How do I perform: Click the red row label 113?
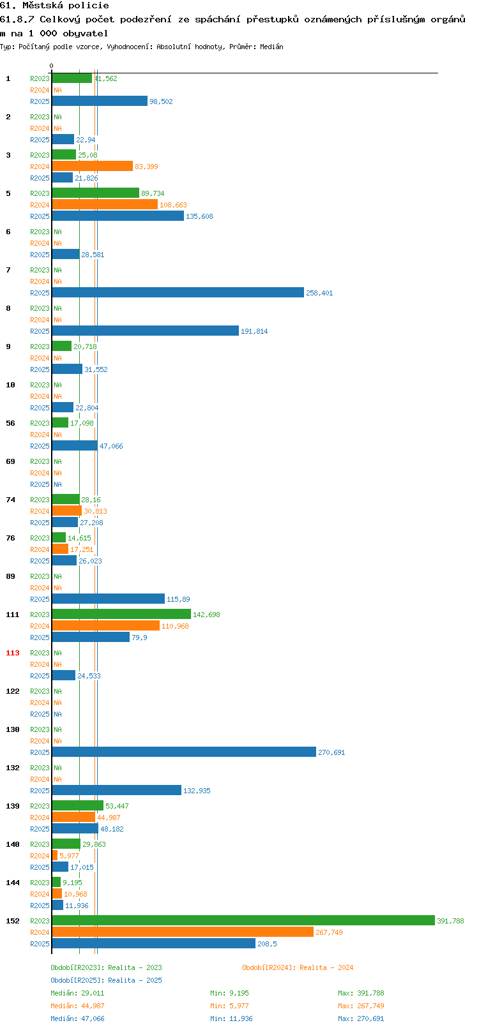tap(12, 653)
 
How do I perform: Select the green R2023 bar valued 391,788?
tap(243, 920)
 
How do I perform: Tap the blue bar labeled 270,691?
tap(184, 752)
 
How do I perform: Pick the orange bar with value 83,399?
tap(93, 166)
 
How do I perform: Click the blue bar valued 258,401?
tap(178, 292)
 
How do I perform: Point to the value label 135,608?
tap(199, 216)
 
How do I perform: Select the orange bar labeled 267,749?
tap(183, 932)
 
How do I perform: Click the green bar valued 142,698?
tap(121, 614)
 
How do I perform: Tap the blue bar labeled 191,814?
tap(146, 331)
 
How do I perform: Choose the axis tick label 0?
tap(51, 66)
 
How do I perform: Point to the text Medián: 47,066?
tap(77, 1019)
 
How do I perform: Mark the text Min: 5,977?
tap(230, 1006)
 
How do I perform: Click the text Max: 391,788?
tap(361, 993)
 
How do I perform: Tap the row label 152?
tap(12, 921)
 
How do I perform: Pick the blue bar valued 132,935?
tap(116, 790)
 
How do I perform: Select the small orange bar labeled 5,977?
tap(55, 855)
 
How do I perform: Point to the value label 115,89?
tap(178, 600)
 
